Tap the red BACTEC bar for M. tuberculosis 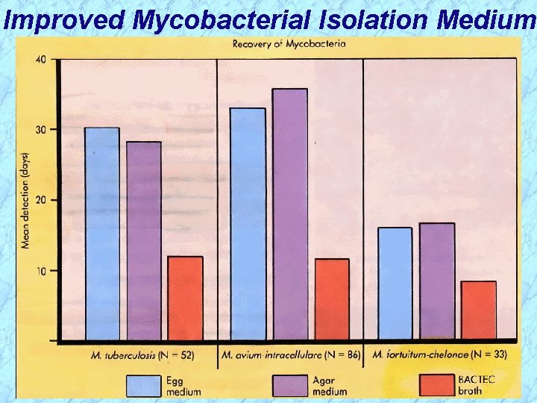point(185,298)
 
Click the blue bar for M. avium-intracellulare point(248,224)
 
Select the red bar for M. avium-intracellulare point(331,299)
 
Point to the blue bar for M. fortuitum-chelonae point(395,284)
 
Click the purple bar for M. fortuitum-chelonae point(436,281)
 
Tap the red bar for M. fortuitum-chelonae point(478,310)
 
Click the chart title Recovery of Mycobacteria point(289,43)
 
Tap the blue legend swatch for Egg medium point(144,385)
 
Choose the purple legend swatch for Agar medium point(291,385)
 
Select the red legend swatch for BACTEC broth point(437,385)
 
